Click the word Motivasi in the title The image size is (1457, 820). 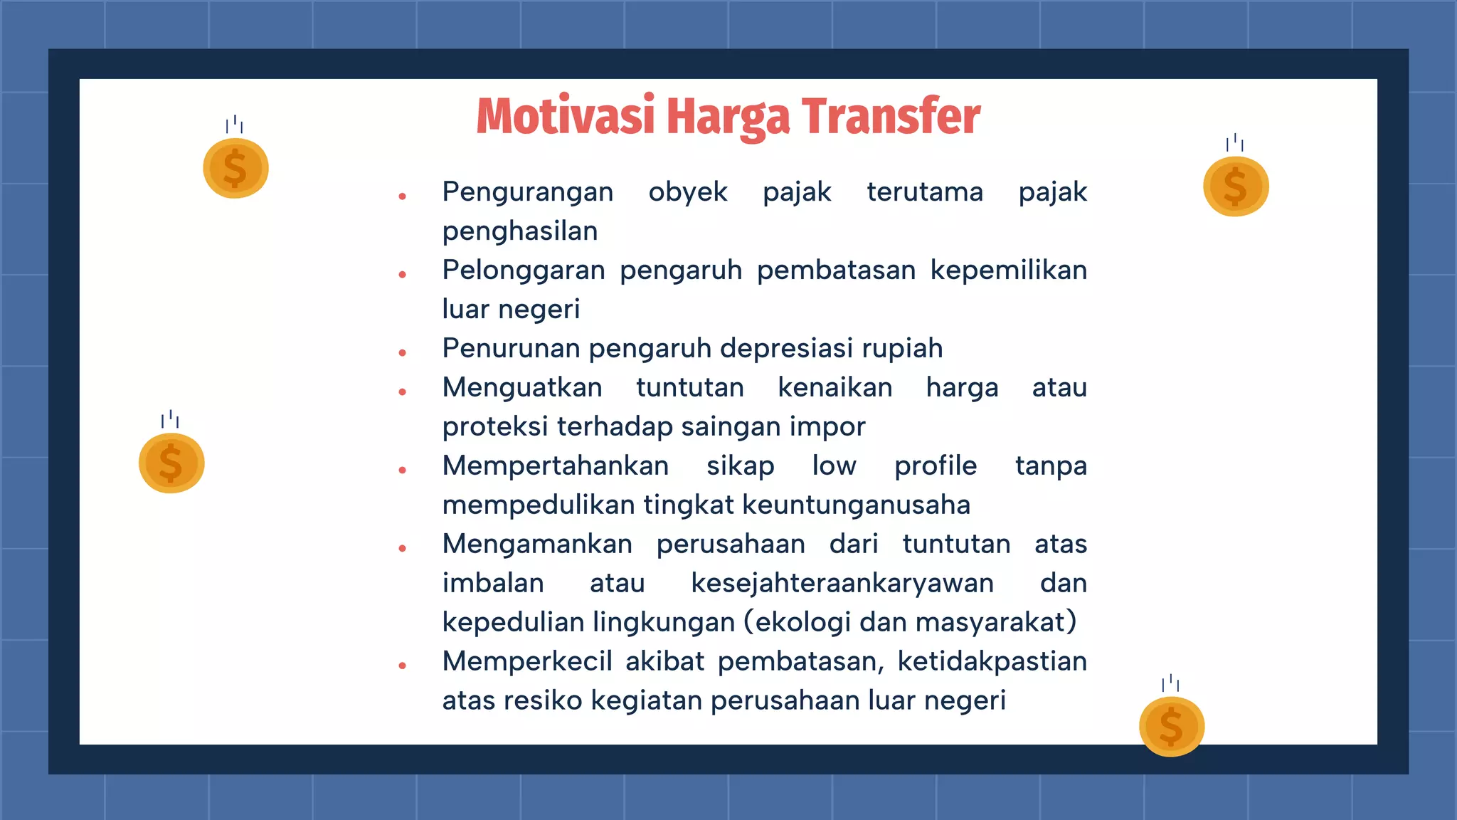[565, 116]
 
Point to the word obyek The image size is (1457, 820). [688, 192]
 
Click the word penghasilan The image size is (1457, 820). [520, 231]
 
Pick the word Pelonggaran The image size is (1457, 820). [524, 270]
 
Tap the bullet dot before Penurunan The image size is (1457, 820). [403, 352]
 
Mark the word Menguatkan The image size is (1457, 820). [522, 388]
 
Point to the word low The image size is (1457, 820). [834, 466]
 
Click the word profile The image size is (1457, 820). [936, 466]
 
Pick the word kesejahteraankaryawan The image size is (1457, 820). [842, 584]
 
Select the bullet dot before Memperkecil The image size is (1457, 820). [403, 666]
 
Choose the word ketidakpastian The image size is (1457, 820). [992, 662]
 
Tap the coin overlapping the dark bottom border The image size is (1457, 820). [1171, 726]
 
